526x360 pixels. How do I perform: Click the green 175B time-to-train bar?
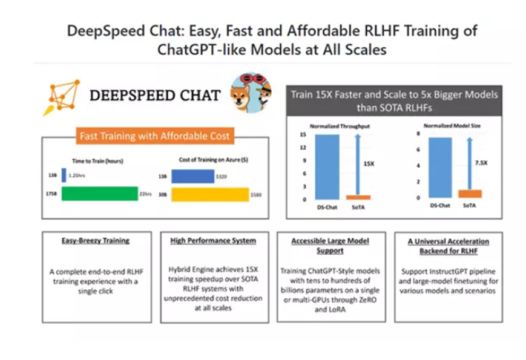(100, 194)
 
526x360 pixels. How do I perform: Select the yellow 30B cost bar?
(210, 194)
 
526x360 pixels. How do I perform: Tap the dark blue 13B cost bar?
(193, 176)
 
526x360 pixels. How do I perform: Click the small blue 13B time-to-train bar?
(64, 175)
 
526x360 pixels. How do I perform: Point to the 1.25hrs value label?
(77, 175)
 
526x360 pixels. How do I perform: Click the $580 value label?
(256, 195)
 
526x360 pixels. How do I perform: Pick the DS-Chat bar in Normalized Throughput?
(327, 167)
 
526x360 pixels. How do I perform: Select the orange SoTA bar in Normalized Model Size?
(470, 194)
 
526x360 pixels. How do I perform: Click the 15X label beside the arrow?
(369, 163)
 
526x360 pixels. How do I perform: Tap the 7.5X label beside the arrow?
(481, 163)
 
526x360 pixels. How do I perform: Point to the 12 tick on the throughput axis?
(303, 148)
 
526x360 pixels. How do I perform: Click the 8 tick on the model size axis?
(418, 134)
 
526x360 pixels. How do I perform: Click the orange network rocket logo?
(62, 97)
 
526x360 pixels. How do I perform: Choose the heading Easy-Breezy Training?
(96, 241)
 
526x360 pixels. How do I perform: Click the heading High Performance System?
(213, 241)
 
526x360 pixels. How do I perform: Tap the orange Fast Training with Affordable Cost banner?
(155, 136)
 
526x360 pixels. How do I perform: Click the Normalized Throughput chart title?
(340, 126)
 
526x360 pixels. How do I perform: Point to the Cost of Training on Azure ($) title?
(213, 160)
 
